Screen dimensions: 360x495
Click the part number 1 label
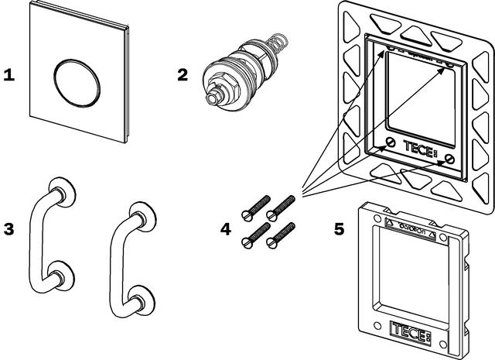coord(9,76)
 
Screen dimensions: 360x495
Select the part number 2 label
coord(183,75)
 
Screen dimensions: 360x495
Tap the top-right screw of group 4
coord(282,205)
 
